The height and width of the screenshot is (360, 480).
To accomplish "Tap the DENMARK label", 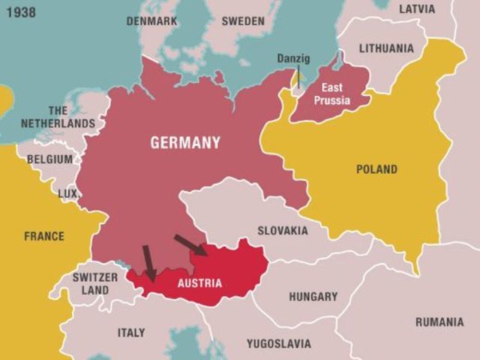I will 151,21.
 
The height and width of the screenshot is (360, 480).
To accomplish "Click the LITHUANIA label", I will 386,48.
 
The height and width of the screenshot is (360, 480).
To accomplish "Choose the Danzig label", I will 293,58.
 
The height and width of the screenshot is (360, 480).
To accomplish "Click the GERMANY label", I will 185,142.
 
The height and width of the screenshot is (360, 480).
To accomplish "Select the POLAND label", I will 376,169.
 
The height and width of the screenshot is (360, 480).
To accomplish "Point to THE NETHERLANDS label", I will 58,117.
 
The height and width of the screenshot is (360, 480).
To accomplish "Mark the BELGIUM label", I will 50,159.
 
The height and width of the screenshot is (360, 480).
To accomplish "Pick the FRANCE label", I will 44,236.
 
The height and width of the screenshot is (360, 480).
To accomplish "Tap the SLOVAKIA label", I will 282,230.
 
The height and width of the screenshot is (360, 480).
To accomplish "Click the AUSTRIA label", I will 199,283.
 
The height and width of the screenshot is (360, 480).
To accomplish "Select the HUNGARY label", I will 313,296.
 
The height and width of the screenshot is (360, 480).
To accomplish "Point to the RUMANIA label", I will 439,322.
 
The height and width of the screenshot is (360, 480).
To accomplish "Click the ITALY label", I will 131,332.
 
